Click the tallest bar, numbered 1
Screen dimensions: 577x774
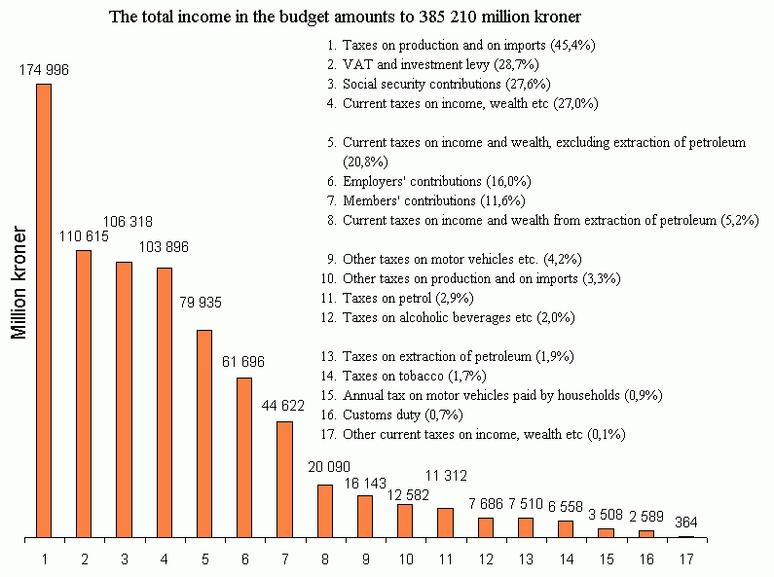pos(44,310)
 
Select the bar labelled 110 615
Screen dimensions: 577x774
pos(84,394)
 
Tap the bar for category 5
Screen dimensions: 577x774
pos(204,434)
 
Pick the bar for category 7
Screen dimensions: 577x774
pos(284,480)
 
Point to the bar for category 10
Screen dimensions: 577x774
pos(405,521)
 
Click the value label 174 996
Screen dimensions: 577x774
pos(44,69)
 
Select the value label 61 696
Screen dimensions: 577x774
pos(244,362)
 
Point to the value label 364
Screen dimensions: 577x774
pos(685,523)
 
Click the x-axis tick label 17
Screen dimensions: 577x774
pos(686,559)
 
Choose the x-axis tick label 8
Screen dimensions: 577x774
pos(325,559)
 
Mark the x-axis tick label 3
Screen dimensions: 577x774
pos(125,559)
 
